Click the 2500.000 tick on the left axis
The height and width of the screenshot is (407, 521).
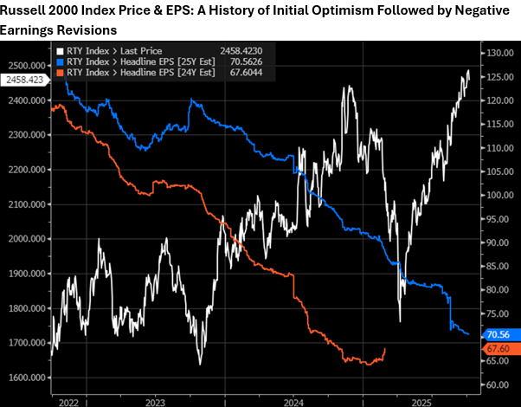26,66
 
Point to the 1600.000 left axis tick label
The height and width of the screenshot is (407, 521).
26,378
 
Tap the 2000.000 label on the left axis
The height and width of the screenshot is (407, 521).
26,239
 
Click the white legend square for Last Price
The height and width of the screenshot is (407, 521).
60,50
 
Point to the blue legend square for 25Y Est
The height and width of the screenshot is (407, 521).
60,61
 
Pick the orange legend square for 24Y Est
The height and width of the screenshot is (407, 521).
60,73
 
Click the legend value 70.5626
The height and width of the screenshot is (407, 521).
253,61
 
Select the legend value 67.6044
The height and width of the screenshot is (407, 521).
253,73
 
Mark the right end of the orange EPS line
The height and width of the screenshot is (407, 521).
385,349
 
